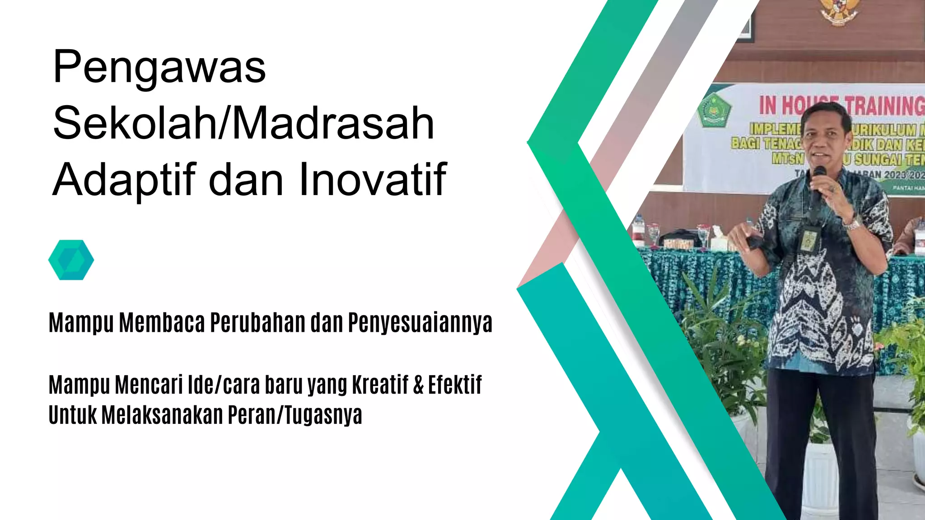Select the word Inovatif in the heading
pos(372,179)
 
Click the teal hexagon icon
pos(71,260)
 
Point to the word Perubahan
pos(257,323)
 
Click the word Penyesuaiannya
pos(420,323)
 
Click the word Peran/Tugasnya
pos(294,415)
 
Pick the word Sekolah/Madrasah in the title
pos(243,123)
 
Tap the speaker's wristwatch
pos(853,223)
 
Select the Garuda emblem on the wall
pos(838,11)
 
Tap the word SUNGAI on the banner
pos(878,159)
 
